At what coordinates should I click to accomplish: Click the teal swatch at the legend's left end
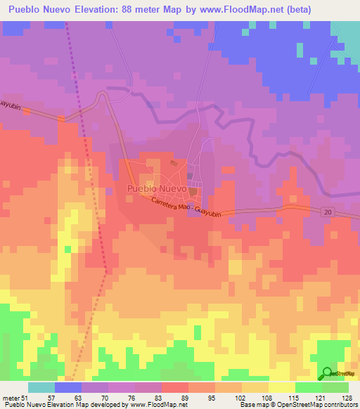[x=41, y=387]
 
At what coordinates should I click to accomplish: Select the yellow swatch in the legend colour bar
[x=281, y=387]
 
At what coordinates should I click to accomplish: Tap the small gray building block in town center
[x=189, y=175]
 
